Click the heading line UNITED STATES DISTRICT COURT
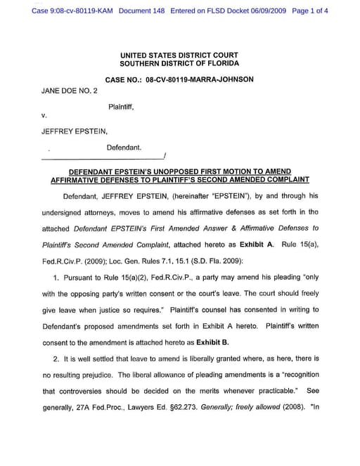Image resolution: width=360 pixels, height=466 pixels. click(179, 55)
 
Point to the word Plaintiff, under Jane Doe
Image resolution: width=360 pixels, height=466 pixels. click(121, 107)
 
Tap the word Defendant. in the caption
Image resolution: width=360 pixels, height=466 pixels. click(124, 148)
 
